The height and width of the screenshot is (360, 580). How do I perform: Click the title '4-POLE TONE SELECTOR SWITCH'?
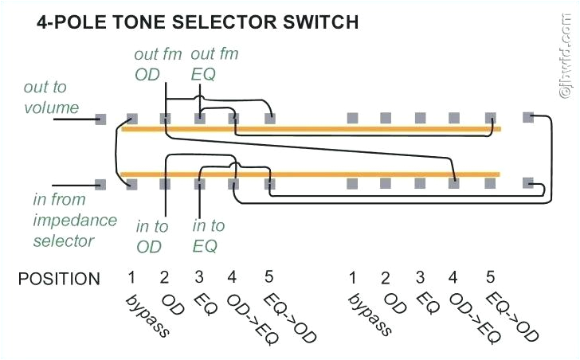tap(198, 23)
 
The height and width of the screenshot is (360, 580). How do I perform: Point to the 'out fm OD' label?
tap(158, 64)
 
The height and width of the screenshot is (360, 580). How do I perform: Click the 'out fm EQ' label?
tap(214, 64)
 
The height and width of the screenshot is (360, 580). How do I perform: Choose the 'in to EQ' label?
tap(209, 237)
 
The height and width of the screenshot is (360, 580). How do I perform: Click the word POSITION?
tap(59, 279)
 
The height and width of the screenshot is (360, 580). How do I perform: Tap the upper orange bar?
tap(311, 128)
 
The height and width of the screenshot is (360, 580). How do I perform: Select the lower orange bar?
tap(311, 173)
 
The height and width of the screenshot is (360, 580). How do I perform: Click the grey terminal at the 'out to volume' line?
tap(100, 119)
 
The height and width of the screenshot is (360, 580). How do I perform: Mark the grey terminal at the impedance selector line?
tap(100, 184)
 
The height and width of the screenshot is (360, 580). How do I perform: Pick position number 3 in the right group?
tap(419, 278)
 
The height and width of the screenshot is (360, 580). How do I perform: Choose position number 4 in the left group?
tap(232, 278)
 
